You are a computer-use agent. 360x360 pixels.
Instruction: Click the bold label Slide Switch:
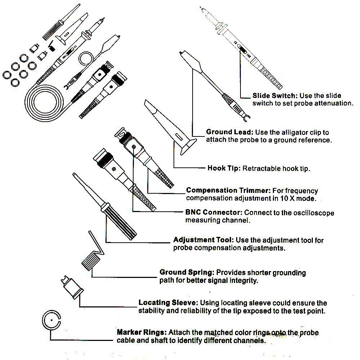point(274,96)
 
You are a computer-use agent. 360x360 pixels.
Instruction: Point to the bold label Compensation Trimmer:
point(228,190)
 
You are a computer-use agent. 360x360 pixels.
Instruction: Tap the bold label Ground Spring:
point(187,272)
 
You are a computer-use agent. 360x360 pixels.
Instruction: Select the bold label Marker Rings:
point(141,332)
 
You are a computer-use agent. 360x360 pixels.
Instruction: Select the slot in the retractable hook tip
point(179,136)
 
